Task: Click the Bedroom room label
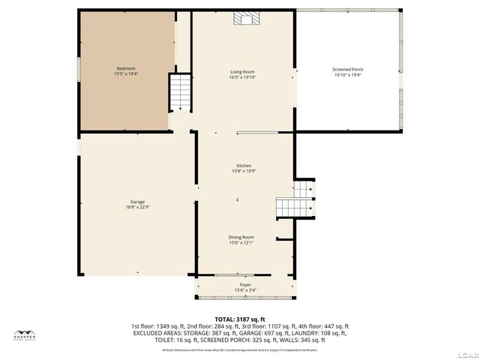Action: click(126, 68)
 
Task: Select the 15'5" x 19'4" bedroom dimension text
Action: click(126, 74)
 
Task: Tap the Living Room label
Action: click(242, 72)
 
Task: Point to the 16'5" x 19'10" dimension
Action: click(242, 78)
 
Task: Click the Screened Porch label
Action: click(348, 69)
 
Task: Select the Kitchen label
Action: click(244, 166)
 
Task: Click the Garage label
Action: click(137, 201)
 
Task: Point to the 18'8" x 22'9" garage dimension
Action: click(137, 207)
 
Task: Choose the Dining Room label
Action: click(241, 237)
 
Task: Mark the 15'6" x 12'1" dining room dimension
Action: click(241, 243)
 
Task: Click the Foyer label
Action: click(245, 285)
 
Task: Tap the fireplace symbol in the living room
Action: click(244, 19)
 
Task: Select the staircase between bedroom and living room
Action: click(180, 92)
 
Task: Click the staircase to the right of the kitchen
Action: click(292, 205)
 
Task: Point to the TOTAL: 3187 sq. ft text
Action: click(239, 319)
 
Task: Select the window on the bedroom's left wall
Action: click(79, 67)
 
